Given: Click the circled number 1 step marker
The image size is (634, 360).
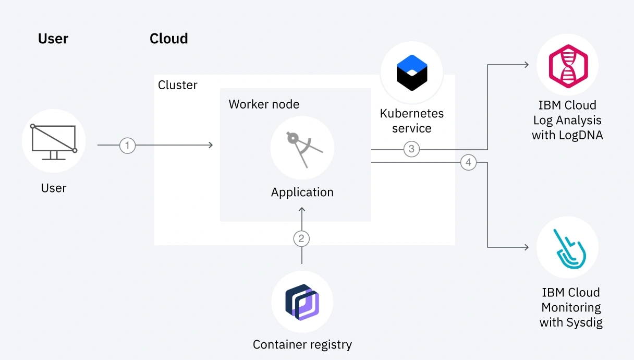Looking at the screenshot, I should click(x=127, y=145).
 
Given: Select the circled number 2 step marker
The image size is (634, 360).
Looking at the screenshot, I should click(x=301, y=239).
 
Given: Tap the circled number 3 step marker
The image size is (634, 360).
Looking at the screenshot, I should click(x=411, y=149).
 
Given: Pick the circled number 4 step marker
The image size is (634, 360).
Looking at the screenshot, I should click(x=468, y=163).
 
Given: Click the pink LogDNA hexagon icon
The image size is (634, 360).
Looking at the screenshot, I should click(x=568, y=66).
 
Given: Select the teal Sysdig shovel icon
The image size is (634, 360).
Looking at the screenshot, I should click(x=568, y=247).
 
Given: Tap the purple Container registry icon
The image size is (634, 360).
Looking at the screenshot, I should click(x=302, y=302).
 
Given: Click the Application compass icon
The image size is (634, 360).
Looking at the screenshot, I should click(x=302, y=149).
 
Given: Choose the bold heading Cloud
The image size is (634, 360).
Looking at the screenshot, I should click(x=168, y=39).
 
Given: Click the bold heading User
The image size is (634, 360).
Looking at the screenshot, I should click(x=53, y=39).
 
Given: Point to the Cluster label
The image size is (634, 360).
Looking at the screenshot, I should click(x=178, y=85).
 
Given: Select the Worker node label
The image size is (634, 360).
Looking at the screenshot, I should click(x=264, y=104).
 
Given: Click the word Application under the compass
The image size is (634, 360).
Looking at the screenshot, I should click(x=302, y=192).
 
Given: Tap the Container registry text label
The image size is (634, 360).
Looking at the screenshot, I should click(x=302, y=344).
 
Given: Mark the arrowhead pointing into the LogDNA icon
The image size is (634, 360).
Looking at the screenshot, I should click(x=527, y=65).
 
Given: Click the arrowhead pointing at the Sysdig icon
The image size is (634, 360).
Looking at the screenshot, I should click(x=527, y=247).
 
